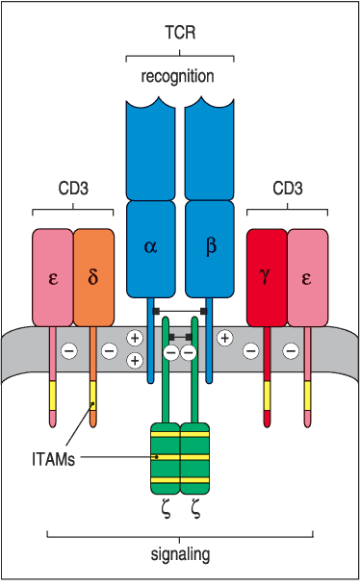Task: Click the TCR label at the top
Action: [x=180, y=32]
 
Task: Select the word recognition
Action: [x=180, y=75]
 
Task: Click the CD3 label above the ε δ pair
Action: [x=72, y=189]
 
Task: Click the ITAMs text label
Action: [x=48, y=460]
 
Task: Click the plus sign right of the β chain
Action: [x=224, y=338]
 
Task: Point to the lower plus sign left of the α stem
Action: [x=135, y=360]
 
